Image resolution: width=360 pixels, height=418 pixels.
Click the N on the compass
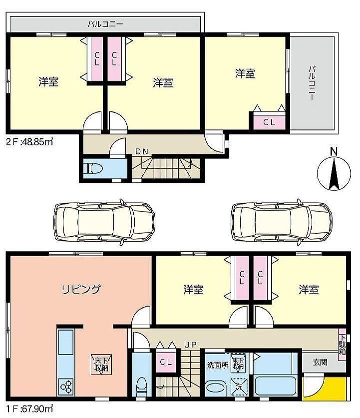point(334,151)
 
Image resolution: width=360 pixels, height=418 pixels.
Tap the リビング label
point(81,289)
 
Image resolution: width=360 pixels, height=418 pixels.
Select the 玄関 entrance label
point(320,362)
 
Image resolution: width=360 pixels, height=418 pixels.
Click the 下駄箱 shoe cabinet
point(342,344)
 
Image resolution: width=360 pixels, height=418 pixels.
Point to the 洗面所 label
point(217,365)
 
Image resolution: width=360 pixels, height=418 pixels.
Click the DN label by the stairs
point(141,152)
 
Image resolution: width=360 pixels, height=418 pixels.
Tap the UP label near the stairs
point(190,345)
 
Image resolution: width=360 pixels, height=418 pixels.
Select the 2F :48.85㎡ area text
point(29,141)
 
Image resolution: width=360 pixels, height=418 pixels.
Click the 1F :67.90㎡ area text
point(29,408)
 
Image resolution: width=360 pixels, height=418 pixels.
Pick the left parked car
point(104,222)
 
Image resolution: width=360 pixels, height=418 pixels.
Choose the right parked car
point(282,222)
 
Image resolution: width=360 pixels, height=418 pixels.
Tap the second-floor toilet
point(93,168)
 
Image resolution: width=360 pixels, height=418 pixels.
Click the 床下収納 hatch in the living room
point(101,365)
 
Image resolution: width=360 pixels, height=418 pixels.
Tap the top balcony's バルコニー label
point(105,24)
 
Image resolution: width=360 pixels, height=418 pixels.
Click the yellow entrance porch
point(325,386)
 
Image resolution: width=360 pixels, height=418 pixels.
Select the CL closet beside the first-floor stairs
point(166,362)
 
